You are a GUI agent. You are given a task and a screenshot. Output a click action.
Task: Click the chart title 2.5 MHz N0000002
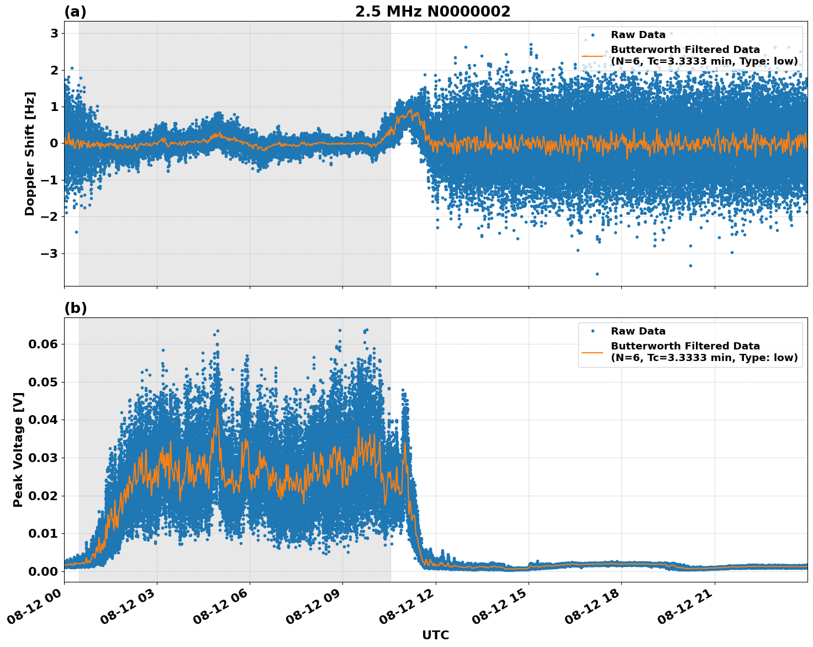pos(432,12)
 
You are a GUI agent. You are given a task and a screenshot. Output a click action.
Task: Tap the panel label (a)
pos(75,12)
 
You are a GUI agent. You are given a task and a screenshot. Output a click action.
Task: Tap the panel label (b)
pos(75,308)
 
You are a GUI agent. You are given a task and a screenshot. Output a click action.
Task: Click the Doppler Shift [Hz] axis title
pos(30,153)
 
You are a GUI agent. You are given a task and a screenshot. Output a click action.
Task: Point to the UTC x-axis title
pos(435,635)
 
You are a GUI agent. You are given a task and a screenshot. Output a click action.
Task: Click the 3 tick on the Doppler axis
pos(54,33)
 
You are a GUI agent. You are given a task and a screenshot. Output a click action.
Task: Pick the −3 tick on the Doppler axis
pos(51,253)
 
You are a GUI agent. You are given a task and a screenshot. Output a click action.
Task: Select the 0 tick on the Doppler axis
pos(54,144)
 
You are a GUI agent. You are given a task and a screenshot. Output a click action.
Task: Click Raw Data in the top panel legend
pos(638,35)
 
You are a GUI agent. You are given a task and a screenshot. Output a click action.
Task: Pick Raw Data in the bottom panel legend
pos(638,331)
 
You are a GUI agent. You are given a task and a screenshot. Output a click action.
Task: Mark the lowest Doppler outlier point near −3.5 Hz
pos(597,274)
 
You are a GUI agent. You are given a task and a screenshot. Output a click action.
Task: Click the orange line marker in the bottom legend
pos(593,352)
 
